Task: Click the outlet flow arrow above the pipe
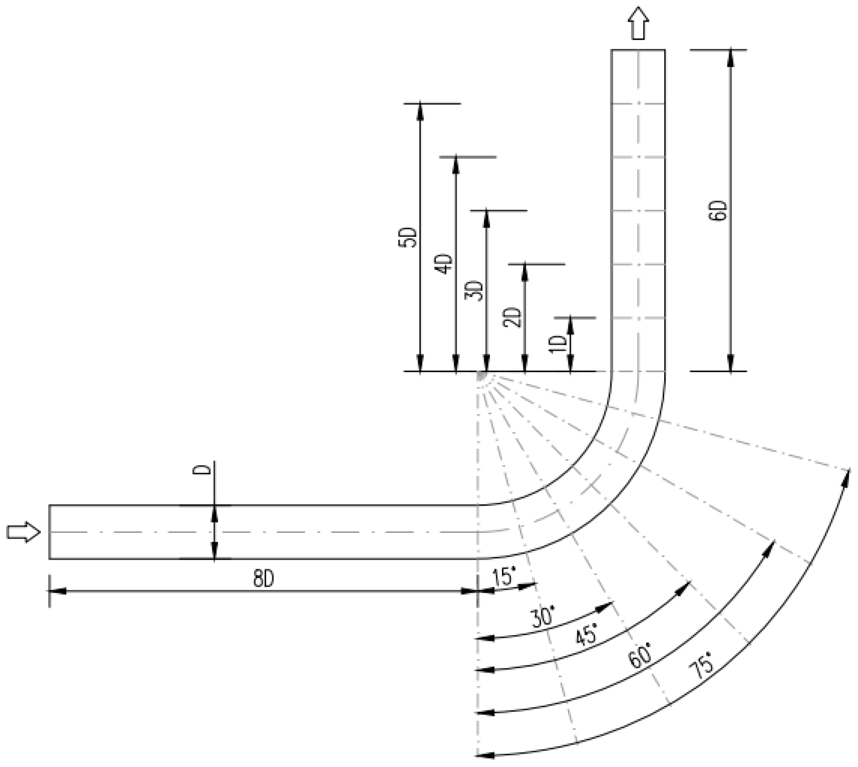(638, 24)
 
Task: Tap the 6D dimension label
(718, 211)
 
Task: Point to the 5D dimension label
(408, 237)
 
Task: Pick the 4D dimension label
(444, 264)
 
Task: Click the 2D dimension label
(512, 317)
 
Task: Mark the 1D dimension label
(558, 344)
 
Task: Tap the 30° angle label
(543, 618)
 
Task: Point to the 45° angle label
(586, 635)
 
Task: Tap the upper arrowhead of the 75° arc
(847, 476)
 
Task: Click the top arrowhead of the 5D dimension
(419, 111)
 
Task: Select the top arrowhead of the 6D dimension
(731, 57)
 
